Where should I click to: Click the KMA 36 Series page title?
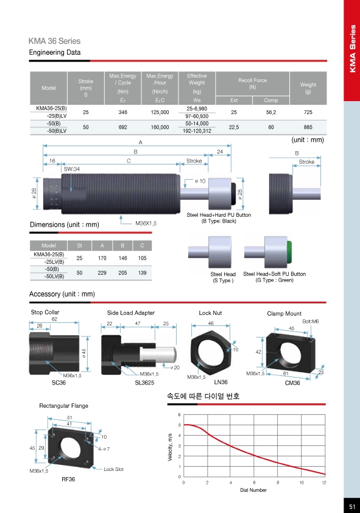[x=54, y=41]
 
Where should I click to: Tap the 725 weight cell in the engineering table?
[x=308, y=112]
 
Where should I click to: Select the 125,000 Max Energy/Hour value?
[x=160, y=112]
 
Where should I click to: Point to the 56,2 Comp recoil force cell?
[x=271, y=112]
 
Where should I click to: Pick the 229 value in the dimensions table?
[x=102, y=272]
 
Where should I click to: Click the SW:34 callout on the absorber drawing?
[x=72, y=169]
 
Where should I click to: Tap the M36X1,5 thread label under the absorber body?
[x=146, y=224]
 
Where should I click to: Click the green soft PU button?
[x=289, y=252]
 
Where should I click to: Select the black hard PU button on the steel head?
[x=233, y=193]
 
